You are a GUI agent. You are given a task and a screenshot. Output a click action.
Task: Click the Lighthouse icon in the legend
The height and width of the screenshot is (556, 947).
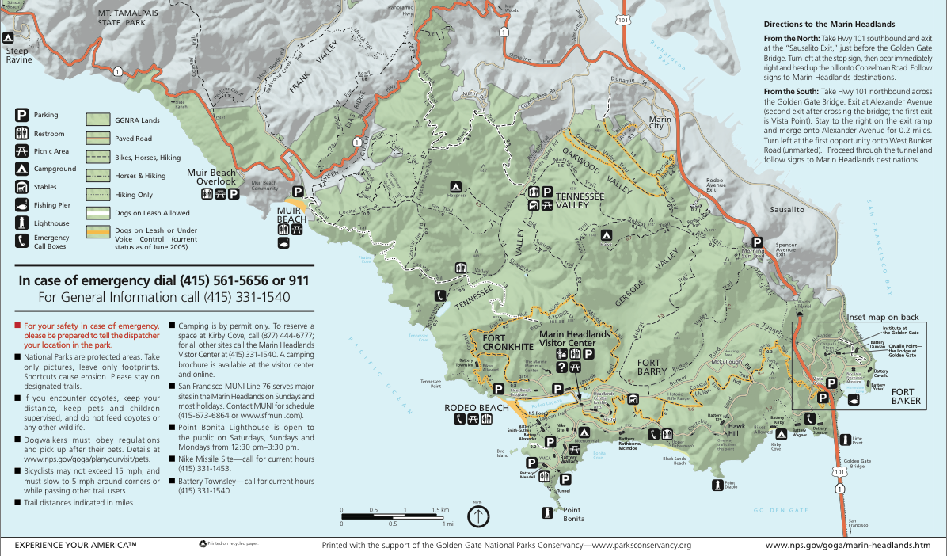tap(21, 223)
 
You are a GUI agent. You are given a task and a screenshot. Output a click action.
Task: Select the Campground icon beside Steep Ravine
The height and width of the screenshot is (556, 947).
tap(8, 37)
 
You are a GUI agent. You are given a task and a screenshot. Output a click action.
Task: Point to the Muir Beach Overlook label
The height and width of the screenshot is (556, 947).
tap(211, 177)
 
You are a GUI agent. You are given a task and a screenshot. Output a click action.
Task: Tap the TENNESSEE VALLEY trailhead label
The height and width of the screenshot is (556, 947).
tap(584, 200)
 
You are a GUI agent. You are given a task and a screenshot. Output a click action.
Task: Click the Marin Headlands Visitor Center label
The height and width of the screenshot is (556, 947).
tap(576, 339)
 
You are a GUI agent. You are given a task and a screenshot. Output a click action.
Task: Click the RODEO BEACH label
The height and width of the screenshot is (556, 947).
tap(476, 407)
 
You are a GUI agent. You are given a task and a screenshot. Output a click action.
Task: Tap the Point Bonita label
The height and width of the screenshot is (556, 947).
tap(573, 513)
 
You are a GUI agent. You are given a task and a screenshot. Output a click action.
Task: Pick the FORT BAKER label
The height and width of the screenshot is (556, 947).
tap(906, 397)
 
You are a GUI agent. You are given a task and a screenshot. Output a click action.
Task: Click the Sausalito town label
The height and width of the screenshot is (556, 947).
tap(787, 210)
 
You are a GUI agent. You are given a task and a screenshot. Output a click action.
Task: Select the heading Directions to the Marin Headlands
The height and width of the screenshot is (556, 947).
tap(829, 24)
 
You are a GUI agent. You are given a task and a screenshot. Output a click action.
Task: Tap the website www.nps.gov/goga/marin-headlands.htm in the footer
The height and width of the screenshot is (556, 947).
tap(848, 545)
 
